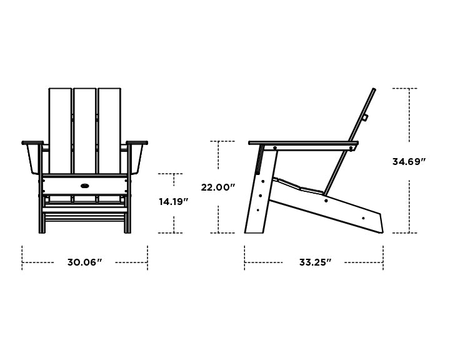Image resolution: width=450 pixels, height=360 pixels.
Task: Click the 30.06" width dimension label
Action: point(84,262)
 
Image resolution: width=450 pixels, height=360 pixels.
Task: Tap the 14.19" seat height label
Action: point(173,202)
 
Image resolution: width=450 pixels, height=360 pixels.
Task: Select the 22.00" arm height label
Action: point(217,187)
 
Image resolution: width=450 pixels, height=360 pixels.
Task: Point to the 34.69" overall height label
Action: point(409,162)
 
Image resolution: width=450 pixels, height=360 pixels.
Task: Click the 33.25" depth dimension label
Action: point(315,262)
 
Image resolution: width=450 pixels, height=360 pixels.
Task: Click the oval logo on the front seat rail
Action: point(84,186)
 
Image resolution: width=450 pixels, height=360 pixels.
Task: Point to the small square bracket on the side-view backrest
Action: point(365,117)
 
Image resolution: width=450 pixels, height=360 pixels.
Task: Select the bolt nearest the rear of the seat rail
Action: point(363,218)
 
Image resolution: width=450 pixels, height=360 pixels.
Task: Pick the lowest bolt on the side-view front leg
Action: point(257,210)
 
